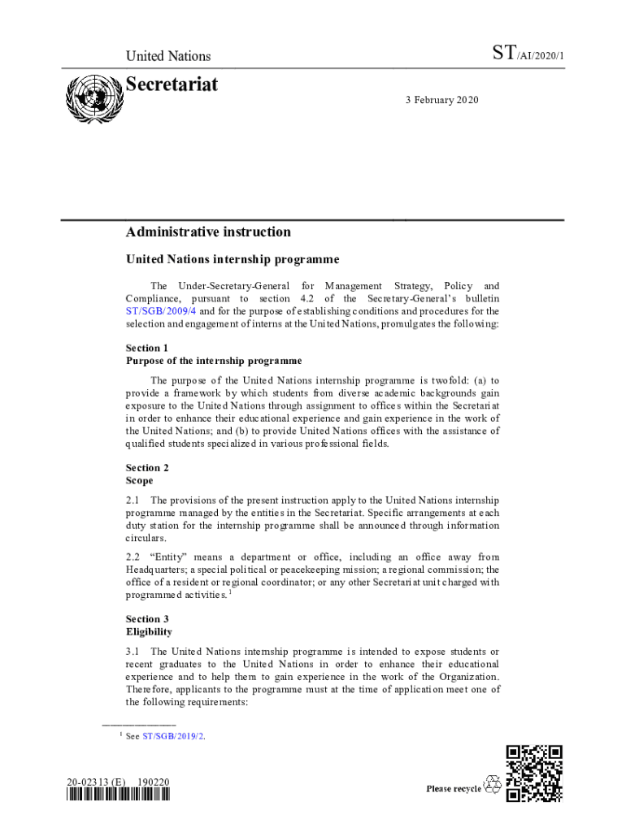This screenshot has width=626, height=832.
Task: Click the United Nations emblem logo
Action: [x=92, y=99]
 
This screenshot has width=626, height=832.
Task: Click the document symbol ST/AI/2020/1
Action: [x=528, y=55]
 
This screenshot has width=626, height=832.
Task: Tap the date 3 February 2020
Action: [x=442, y=100]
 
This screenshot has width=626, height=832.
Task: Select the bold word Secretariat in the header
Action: [x=172, y=84]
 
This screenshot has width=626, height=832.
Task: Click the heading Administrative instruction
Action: [x=208, y=232]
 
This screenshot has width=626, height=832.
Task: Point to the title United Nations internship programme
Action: [x=232, y=260]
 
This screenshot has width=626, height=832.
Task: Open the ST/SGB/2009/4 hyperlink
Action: [x=161, y=311]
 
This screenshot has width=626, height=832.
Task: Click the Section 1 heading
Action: [x=143, y=348]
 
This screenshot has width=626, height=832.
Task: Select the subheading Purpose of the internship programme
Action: [x=214, y=361]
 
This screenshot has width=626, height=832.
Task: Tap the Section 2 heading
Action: [x=143, y=467]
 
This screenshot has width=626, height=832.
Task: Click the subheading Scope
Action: [x=139, y=480]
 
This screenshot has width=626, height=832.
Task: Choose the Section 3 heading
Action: [x=143, y=619]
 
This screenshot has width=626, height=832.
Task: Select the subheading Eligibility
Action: [x=149, y=631]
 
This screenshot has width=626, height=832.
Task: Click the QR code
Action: [x=533, y=773]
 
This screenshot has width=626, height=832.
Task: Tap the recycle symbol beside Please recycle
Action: [x=493, y=785]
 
